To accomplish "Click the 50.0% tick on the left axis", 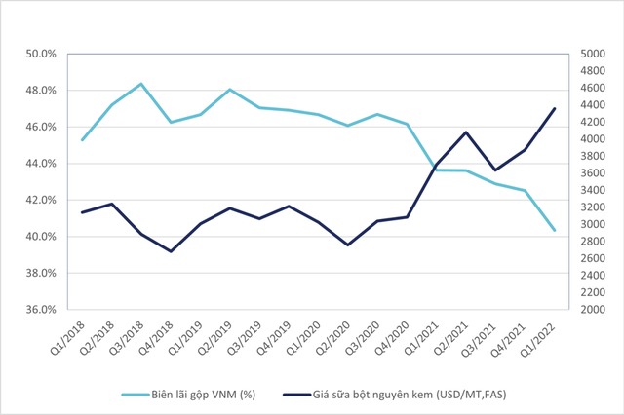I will tap(40, 54).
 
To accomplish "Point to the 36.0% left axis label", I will tap(40, 310).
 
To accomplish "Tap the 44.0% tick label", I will tap(40, 164).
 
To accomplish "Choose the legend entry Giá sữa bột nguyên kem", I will tap(390, 395).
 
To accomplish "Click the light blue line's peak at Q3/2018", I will tap(141, 84).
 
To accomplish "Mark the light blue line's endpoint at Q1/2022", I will tap(555, 230).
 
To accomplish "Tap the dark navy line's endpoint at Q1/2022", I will tap(555, 108).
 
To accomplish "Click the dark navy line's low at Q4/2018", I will tap(171, 251).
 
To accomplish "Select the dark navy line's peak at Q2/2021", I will tap(466, 132).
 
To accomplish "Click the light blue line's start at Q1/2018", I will tap(82, 140).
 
